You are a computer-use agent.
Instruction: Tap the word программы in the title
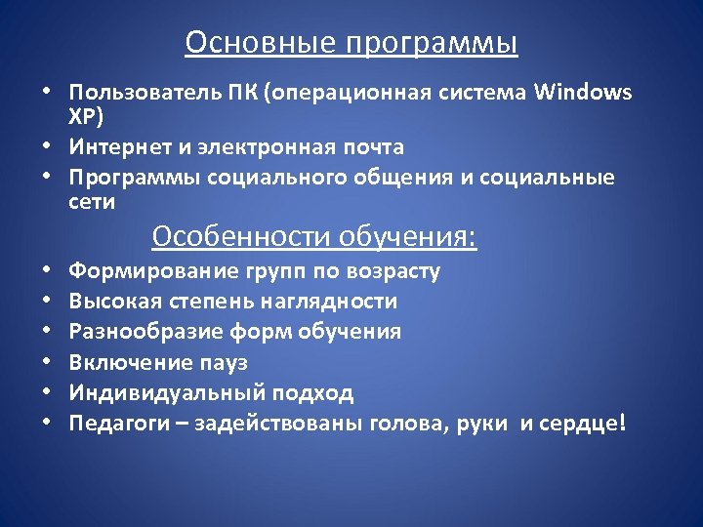click(428, 44)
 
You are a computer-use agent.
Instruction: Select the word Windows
click(584, 93)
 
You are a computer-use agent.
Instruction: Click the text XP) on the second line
click(84, 118)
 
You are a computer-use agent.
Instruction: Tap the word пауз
click(224, 362)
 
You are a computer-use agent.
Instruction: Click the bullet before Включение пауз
click(47, 362)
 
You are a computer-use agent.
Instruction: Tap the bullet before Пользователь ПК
click(47, 93)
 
